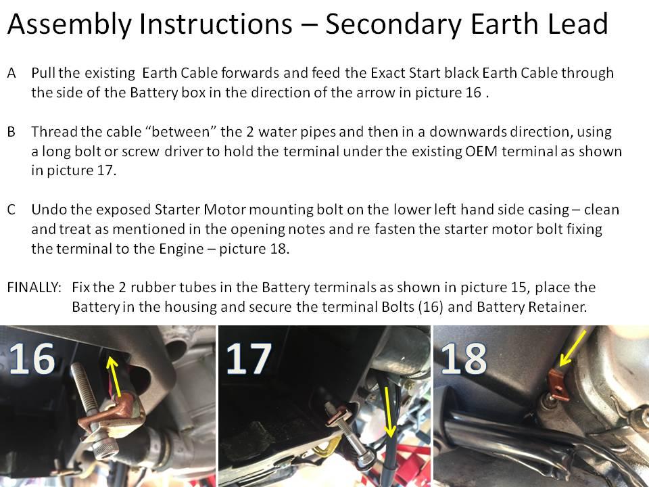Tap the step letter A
coord(11,73)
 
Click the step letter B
coord(11,132)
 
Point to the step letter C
coord(11,210)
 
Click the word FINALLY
coord(34,287)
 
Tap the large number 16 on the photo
coord(32,358)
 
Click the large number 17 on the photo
coord(249,358)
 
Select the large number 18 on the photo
coord(464,358)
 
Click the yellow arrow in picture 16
coord(115,376)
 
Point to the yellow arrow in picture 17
coord(389,413)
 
